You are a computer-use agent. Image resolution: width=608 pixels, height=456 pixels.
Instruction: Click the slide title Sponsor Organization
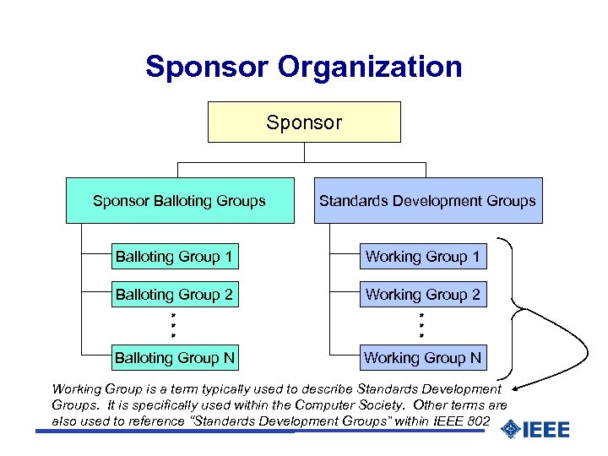point(304,67)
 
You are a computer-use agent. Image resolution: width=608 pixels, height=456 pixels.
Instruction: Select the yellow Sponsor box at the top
point(304,122)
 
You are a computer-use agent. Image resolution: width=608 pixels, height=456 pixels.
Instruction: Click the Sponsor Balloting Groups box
point(180,201)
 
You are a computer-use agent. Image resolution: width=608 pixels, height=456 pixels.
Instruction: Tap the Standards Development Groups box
point(427,201)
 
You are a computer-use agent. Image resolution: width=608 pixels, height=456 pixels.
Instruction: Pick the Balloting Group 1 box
point(175,256)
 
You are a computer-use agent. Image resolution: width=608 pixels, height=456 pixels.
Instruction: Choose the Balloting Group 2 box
point(175,295)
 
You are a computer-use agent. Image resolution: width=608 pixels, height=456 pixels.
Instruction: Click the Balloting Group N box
point(175,358)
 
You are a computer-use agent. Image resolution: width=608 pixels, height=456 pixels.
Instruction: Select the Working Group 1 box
point(422,256)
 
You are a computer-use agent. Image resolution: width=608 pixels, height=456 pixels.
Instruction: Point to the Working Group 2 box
point(422,295)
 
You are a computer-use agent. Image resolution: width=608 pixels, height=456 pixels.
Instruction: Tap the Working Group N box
point(422,358)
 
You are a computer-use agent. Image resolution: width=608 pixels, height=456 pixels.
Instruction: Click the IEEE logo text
point(546,430)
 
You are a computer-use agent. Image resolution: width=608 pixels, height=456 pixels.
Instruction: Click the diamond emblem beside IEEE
point(510,430)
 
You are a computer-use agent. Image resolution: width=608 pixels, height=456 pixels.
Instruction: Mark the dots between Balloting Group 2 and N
point(173,326)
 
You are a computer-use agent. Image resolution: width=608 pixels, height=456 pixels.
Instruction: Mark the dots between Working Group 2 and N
point(421,326)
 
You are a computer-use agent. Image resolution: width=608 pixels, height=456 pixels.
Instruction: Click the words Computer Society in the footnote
point(363,404)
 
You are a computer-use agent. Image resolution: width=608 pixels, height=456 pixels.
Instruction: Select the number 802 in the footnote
point(477,420)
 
